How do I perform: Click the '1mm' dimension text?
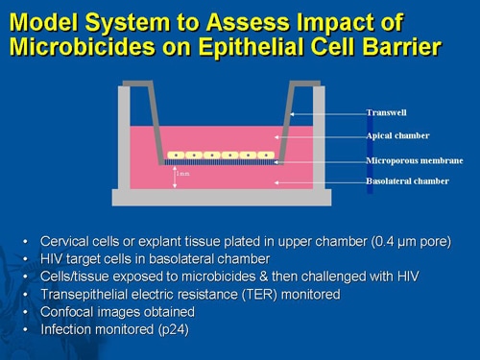183,174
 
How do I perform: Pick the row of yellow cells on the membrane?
221,155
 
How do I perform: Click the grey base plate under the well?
222,198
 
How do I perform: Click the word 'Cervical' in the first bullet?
68,240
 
